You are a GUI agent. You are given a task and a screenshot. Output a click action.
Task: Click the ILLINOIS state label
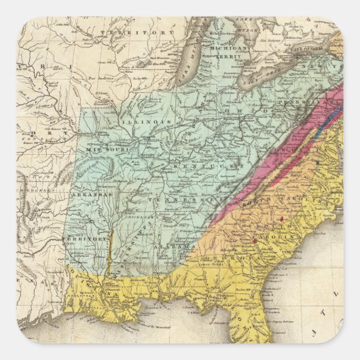(137, 121)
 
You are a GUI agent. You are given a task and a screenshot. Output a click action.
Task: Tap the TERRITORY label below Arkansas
(85, 240)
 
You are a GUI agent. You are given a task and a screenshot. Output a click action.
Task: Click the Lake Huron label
(253, 20)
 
